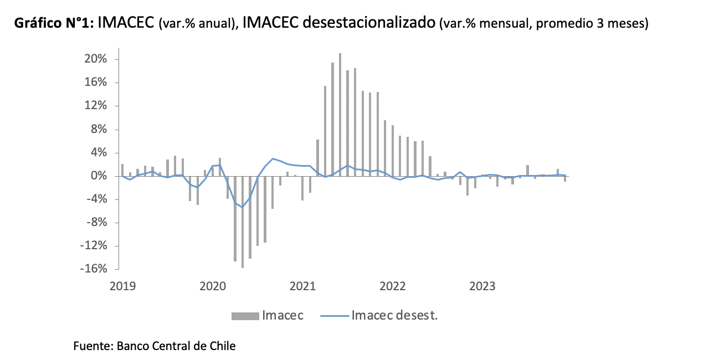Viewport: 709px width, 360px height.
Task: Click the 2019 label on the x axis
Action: tap(122, 286)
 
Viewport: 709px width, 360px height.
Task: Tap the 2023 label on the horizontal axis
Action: tap(483, 286)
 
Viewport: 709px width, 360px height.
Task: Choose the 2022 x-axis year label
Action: tap(393, 286)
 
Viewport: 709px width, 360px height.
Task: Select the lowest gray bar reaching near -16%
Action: tap(243, 222)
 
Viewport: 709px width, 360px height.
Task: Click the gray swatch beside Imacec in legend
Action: tap(245, 316)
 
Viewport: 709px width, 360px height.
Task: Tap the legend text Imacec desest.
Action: tap(395, 316)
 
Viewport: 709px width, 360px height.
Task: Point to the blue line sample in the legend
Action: tap(334, 316)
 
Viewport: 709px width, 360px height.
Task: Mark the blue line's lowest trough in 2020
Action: tap(243, 207)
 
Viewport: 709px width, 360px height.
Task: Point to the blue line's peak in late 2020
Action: tap(273, 158)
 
